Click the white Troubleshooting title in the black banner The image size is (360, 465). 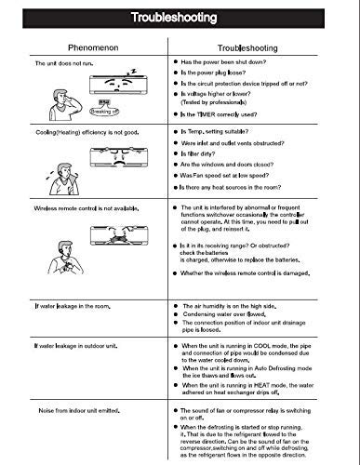coord(180,18)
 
